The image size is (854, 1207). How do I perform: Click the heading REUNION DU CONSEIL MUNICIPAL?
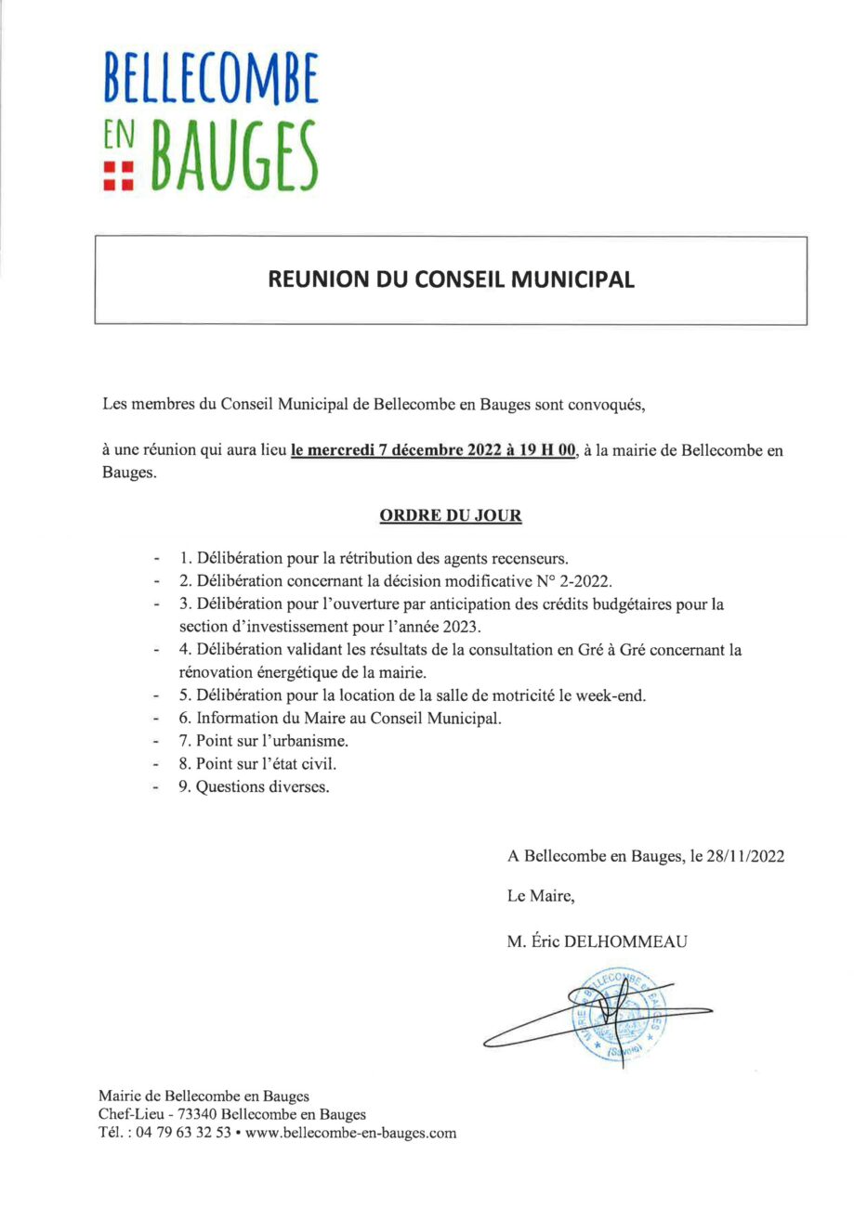click(x=451, y=279)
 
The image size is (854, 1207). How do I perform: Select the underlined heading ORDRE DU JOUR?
click(x=450, y=515)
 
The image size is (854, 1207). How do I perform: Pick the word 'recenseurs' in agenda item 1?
click(x=532, y=559)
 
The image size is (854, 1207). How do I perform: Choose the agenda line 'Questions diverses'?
click(x=263, y=786)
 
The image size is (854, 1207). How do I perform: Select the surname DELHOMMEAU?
click(x=633, y=941)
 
